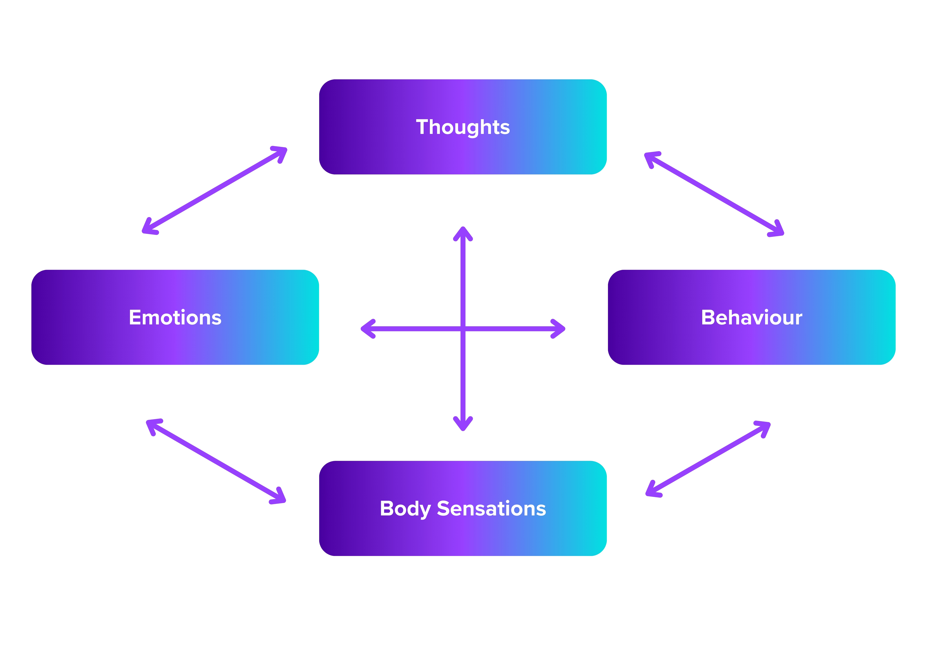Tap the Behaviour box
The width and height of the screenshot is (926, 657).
751,344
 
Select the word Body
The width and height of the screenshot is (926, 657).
405,508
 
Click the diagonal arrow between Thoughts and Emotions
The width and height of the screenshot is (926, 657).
214,191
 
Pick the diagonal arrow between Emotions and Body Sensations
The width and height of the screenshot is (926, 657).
216,461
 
